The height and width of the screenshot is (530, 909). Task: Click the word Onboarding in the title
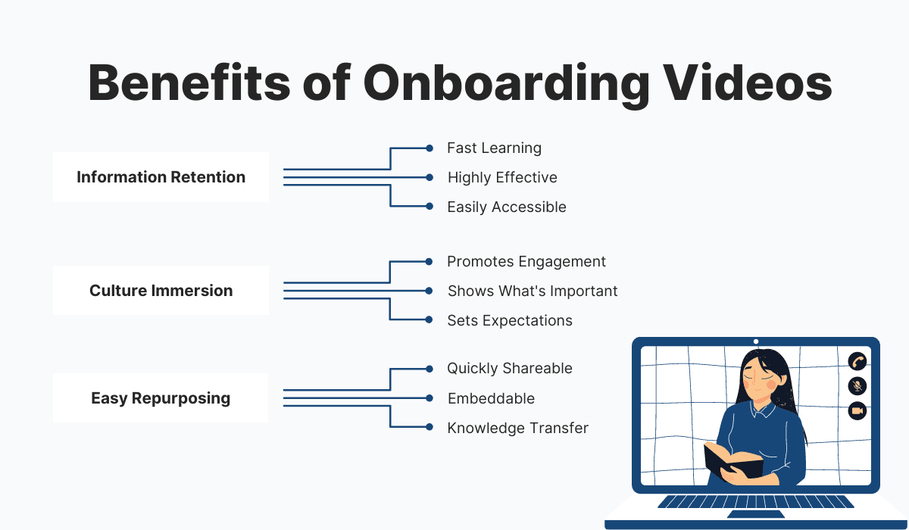tap(506, 83)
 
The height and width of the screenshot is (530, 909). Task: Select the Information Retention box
tap(161, 177)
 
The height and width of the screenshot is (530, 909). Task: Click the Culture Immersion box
tap(161, 291)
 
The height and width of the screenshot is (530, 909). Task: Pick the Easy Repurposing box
tap(161, 398)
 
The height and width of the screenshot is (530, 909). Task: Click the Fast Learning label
tap(494, 148)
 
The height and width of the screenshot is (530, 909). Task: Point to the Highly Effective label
tap(502, 177)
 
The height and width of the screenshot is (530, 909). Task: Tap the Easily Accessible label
tap(506, 207)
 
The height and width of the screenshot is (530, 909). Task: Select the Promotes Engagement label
tap(526, 261)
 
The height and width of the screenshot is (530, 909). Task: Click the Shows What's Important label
tap(533, 291)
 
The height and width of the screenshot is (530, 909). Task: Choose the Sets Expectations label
tap(510, 320)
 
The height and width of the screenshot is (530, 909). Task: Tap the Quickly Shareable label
tap(510, 369)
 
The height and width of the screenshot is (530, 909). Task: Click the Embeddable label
tap(491, 398)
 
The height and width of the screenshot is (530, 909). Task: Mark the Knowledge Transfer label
tap(517, 428)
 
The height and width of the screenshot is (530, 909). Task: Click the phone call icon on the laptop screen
tap(857, 361)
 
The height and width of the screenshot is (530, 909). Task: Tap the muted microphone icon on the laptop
tap(857, 386)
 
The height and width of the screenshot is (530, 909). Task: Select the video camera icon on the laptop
tap(857, 411)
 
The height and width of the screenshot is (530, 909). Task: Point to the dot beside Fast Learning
tap(430, 148)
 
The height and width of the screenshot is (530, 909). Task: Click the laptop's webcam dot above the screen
tap(756, 341)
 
